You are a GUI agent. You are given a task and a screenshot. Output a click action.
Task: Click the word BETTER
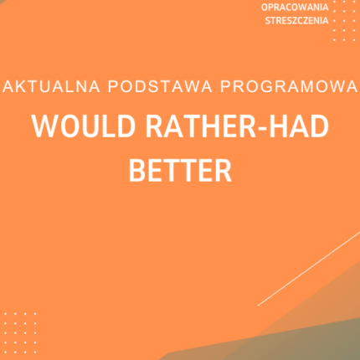coord(178,170)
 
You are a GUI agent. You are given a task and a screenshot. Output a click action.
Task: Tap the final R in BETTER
coord(221,170)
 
